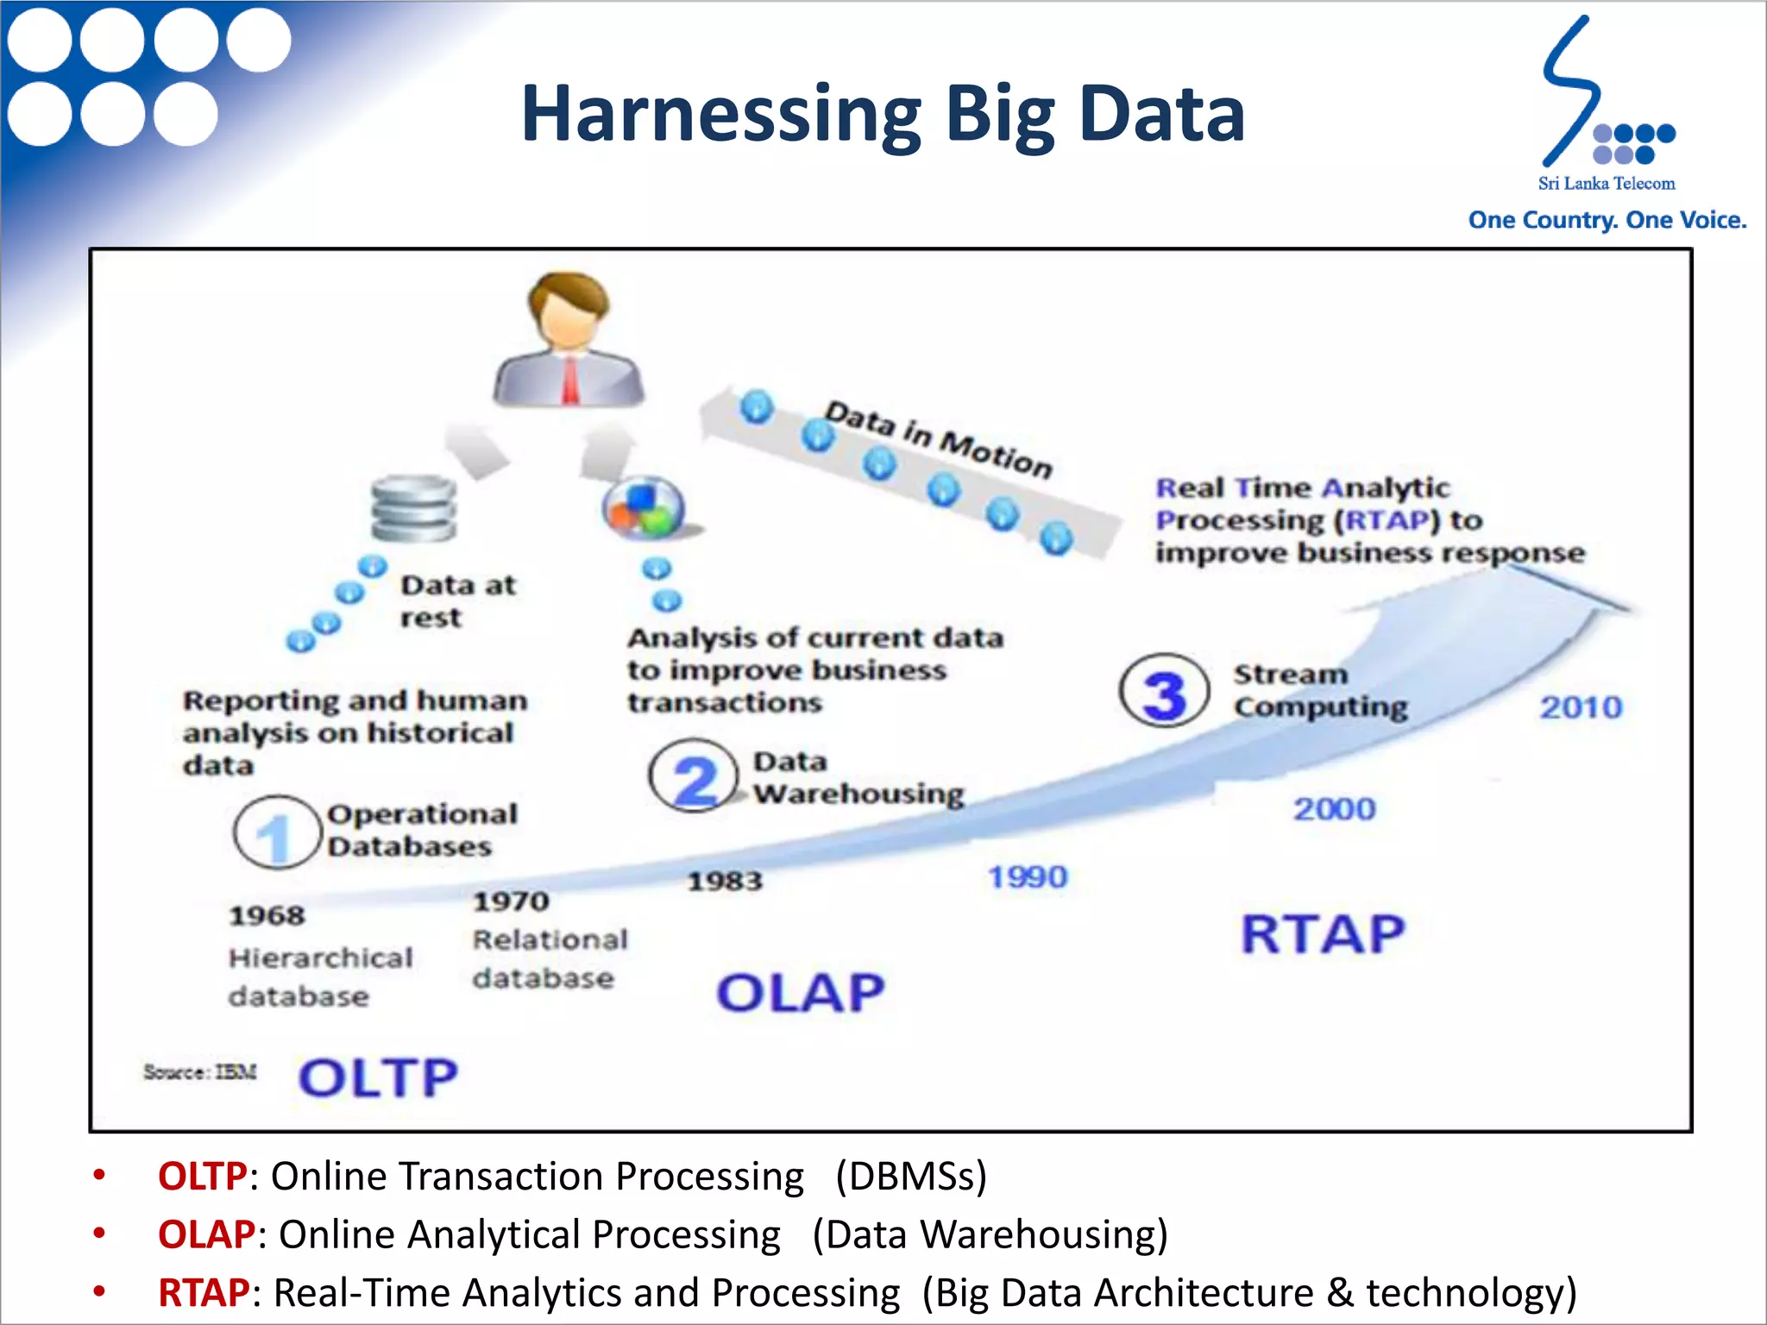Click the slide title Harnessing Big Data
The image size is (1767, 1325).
[x=883, y=114]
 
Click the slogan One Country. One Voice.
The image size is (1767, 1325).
[x=1607, y=220]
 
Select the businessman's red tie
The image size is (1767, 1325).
[x=570, y=380]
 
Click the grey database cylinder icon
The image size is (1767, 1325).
[x=414, y=509]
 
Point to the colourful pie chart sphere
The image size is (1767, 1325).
[x=644, y=508]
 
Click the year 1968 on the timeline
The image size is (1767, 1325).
[x=267, y=915]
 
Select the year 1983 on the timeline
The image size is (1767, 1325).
[x=725, y=881]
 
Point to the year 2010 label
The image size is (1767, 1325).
[x=1581, y=707]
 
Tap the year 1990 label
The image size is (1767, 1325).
[x=1027, y=877]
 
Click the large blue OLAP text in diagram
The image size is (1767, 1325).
[x=801, y=993]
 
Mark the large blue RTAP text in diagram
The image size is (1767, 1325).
[x=1323, y=934]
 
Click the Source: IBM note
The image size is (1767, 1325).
[x=200, y=1072]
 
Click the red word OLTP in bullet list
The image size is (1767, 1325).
[x=203, y=1177]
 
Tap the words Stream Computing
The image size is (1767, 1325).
[x=1319, y=690]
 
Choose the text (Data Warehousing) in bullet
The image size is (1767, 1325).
[x=990, y=1234]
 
